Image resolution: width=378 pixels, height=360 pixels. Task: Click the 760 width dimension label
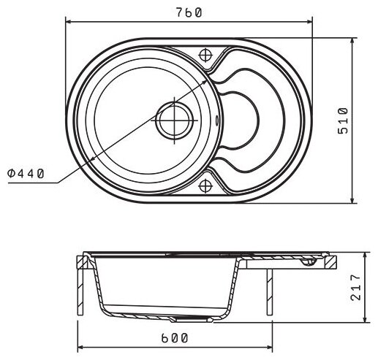tap(189, 12)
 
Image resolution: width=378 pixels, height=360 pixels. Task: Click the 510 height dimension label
tap(343, 120)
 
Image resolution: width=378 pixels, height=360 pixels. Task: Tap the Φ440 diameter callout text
tap(26, 174)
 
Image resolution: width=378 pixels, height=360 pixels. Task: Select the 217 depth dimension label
tap(355, 287)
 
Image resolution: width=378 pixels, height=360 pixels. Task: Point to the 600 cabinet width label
tap(175, 338)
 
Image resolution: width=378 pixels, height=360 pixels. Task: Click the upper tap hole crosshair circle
tap(205, 55)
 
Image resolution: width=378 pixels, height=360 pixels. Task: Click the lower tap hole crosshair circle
tap(205, 186)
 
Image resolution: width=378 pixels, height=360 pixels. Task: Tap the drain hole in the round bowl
tap(175, 120)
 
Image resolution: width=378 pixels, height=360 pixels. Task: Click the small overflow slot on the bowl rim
tap(216, 120)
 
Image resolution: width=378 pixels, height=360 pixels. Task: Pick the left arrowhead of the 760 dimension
tap(68, 22)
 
